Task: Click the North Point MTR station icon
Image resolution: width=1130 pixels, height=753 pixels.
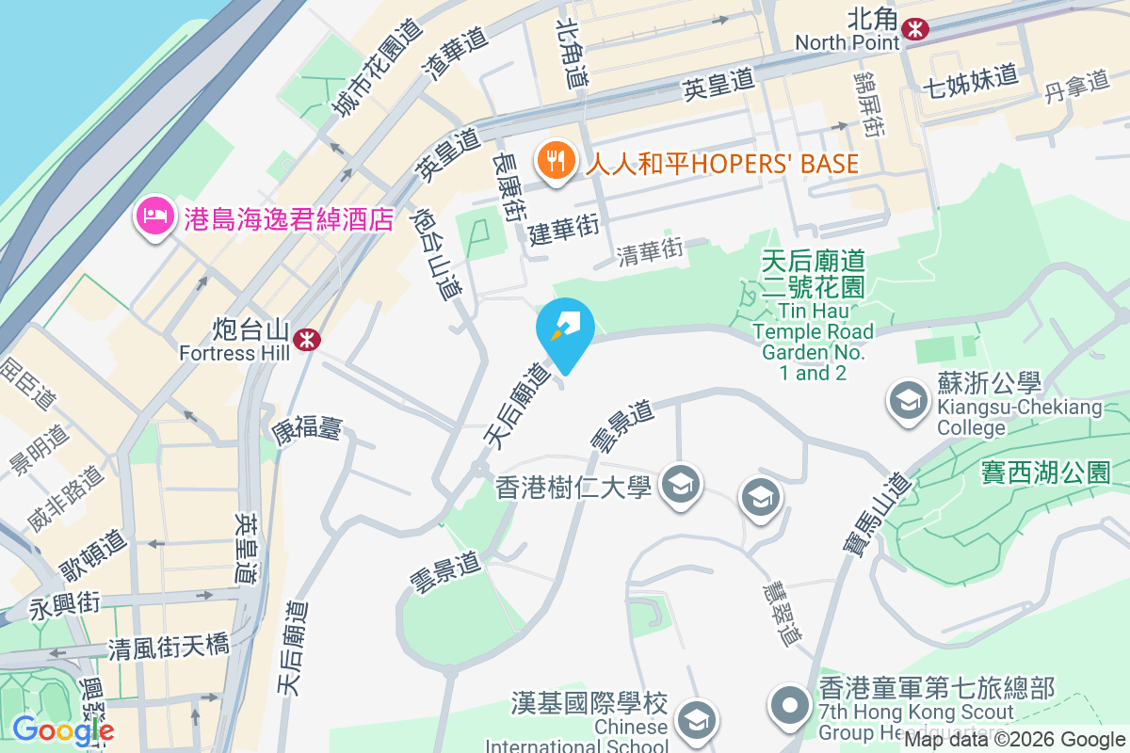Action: click(x=913, y=29)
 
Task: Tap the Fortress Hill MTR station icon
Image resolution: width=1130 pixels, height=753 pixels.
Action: click(x=305, y=340)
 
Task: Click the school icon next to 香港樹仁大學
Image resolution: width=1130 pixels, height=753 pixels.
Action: click(x=678, y=486)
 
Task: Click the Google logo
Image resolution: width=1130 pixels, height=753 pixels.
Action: click(x=64, y=730)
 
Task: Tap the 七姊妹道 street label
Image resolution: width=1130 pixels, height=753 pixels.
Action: click(x=971, y=74)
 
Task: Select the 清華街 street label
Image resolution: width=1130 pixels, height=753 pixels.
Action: click(x=649, y=250)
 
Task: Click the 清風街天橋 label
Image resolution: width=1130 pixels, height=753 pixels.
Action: click(x=169, y=647)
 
